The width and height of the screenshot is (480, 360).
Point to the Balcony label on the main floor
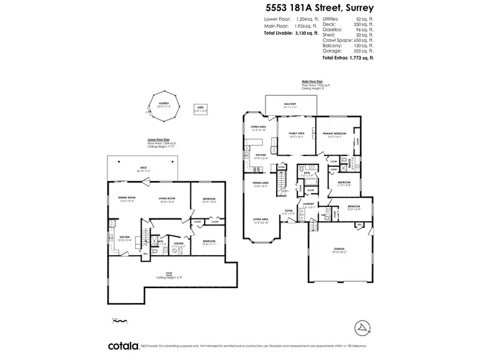(290, 104)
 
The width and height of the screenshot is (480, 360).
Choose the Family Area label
(296, 134)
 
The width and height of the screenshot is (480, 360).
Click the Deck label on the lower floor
(144, 168)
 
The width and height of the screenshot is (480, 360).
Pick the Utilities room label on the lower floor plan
(179, 243)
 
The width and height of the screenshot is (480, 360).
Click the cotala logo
(122, 346)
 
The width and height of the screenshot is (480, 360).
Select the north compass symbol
(363, 327)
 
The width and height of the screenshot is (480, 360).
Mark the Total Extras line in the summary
(348, 58)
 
